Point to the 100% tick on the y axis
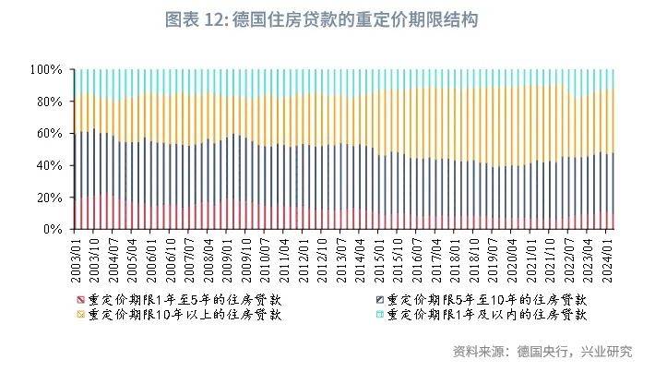coord(45,70)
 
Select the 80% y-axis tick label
coord(48,102)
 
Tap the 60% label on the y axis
coord(48,134)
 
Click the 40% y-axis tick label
coord(48,165)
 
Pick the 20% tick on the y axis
coord(48,198)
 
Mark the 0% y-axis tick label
coord(52,229)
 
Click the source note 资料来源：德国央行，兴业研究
coord(542,352)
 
